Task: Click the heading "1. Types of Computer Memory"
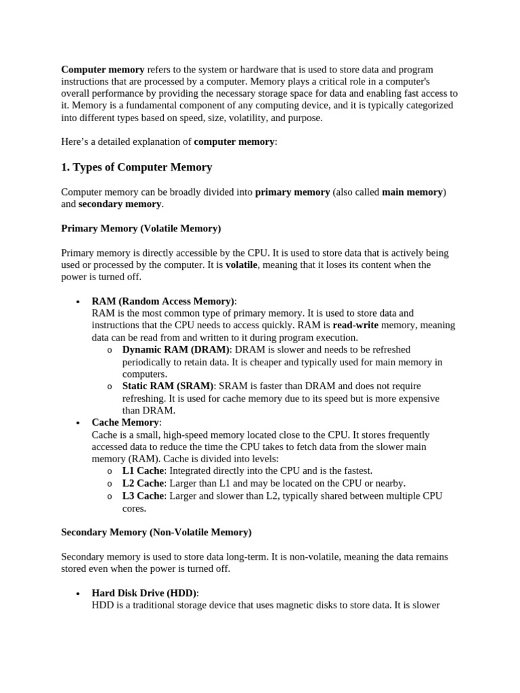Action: (136, 167)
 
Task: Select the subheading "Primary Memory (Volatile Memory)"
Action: (141, 229)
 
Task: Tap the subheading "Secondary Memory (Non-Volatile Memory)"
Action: (156, 532)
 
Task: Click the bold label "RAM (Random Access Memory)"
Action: (163, 301)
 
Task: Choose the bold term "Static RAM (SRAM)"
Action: (167, 386)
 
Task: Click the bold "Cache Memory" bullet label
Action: (125, 422)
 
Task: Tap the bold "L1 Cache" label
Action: (143, 470)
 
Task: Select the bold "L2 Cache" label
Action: (143, 483)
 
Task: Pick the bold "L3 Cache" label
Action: (143, 496)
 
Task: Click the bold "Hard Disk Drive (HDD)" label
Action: (144, 593)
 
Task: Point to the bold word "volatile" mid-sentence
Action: (241, 265)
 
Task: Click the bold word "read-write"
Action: (356, 326)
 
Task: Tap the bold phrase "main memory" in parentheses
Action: (412, 192)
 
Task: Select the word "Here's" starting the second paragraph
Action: (76, 141)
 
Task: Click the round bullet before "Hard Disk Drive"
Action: (79, 594)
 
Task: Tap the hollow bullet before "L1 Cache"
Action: (110, 471)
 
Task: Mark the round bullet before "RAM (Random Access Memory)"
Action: (79, 302)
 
